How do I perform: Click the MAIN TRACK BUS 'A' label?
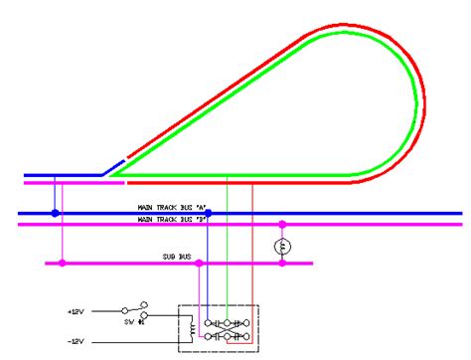coord(172,207)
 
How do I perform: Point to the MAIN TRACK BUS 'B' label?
coord(172,218)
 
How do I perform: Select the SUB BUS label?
coord(176,258)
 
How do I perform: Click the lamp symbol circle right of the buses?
coord(281,245)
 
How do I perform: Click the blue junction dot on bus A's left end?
coord(56,213)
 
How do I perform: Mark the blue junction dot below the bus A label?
coord(208,213)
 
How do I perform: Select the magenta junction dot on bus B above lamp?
coord(281,225)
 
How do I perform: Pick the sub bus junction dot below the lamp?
coord(281,264)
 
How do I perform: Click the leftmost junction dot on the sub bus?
coord(63,264)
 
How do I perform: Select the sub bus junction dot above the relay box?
coord(200,264)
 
